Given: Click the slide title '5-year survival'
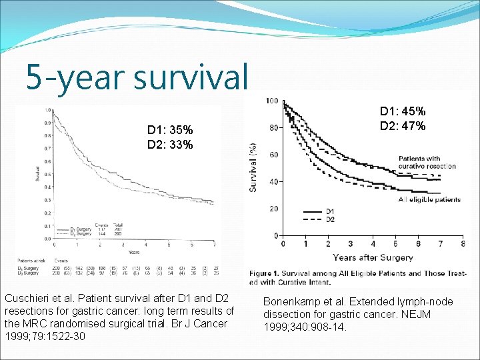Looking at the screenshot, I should click(137, 77).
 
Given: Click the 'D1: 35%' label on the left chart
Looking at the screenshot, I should click(170, 130).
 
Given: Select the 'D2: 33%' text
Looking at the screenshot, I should click(170, 145).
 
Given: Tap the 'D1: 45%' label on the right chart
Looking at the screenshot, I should click(403, 112).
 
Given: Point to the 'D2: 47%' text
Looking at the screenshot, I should click(403, 126).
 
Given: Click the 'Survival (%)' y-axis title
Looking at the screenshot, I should click(254, 167).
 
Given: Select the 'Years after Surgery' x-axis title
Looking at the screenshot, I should click(373, 257).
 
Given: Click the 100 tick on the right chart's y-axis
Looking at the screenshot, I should click(272, 101).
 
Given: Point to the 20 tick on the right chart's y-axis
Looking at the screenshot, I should click(273, 209).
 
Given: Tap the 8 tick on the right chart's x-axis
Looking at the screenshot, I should click(463, 244).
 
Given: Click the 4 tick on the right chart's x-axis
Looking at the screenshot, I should click(373, 244).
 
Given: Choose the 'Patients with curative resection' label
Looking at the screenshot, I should click(427, 162).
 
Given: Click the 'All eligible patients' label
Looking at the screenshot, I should click(429, 199).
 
